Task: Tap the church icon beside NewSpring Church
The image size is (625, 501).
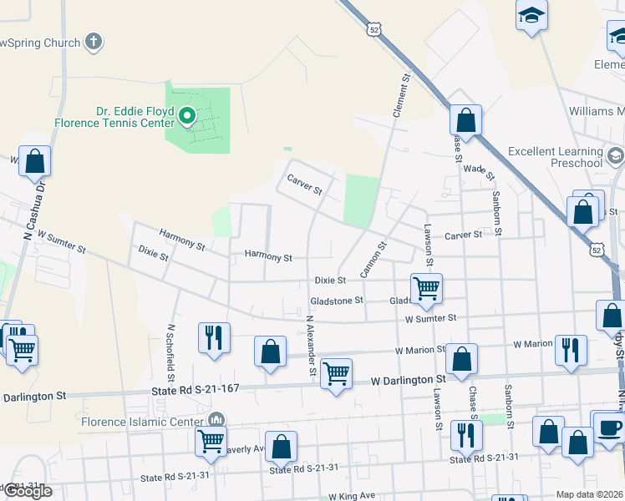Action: (x=94, y=41)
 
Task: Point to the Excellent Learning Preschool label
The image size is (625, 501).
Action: (x=555, y=157)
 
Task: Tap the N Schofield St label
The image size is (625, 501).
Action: (x=170, y=347)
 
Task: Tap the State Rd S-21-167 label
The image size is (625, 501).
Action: (x=196, y=387)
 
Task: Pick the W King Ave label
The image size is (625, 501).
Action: (x=352, y=496)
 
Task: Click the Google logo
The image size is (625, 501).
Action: (x=27, y=491)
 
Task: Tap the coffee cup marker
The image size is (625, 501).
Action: (x=609, y=428)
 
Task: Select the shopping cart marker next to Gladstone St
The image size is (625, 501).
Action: (x=427, y=289)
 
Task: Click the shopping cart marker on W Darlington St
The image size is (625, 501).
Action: (x=336, y=374)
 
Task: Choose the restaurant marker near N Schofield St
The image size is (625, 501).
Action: (x=214, y=337)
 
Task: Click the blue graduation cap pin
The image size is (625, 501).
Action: (x=531, y=16)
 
